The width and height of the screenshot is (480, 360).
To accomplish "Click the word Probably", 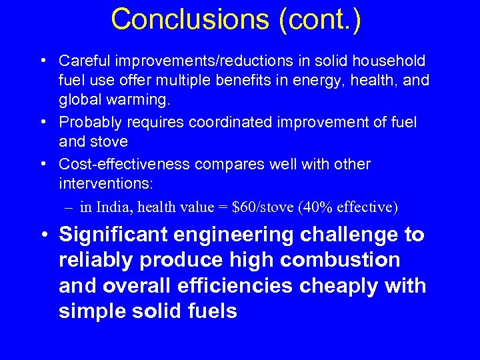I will pos(88,123).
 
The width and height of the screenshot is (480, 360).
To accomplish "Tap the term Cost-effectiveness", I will pos(125,164).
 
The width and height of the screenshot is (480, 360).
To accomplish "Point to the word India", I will pos(114,207).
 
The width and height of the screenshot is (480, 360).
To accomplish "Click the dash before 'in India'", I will pos(69,207).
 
